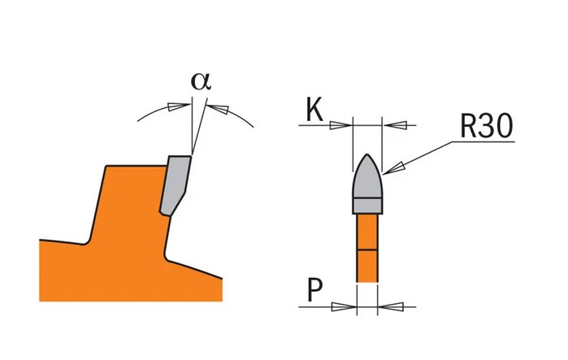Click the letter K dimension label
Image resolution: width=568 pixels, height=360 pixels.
point(314,111)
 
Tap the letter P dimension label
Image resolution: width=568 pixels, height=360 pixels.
point(314,290)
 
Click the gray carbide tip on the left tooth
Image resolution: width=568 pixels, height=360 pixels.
point(176,184)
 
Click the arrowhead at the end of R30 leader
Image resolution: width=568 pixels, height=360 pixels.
point(396,168)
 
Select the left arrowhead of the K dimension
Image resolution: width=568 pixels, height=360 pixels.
point(343,124)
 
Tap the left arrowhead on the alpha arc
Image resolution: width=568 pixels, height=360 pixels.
point(175,106)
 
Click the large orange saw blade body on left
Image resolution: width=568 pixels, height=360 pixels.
point(122,244)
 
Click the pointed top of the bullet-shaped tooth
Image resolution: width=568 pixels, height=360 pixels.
point(368,155)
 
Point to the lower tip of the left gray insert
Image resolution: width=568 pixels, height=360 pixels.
point(166,213)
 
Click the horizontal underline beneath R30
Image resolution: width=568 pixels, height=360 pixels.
point(483,141)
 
